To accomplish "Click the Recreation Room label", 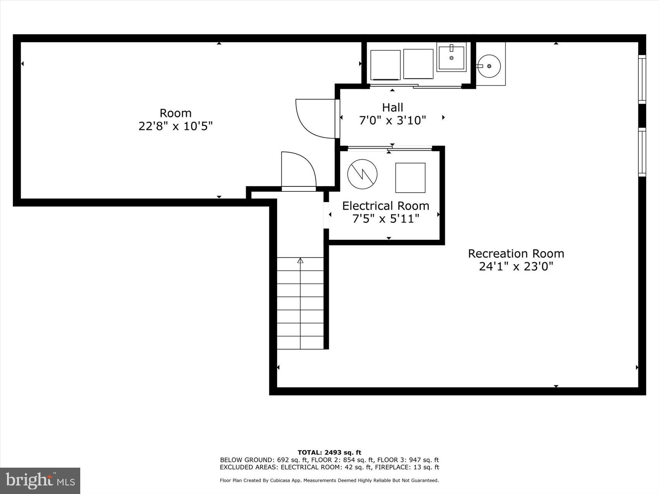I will click(516, 253).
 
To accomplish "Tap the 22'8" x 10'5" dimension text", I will click(176, 126).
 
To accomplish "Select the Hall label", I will click(392, 107).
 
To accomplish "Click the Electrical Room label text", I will click(385, 206).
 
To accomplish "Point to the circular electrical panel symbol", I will click(362, 174).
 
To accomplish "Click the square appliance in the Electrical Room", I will click(410, 178).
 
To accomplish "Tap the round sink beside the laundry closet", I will click(489, 66).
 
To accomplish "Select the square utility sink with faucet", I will click(451, 58).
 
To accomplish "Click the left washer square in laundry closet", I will click(385, 65).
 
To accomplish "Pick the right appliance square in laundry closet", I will click(418, 64).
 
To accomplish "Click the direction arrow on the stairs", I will click(300, 261).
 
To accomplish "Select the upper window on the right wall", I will click(642, 79).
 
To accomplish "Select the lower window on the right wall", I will click(642, 152).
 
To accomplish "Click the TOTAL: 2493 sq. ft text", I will click(329, 452).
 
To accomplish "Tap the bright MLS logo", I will click(40, 480).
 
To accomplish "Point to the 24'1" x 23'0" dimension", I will click(516, 267).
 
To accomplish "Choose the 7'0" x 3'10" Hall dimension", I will click(392, 120).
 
